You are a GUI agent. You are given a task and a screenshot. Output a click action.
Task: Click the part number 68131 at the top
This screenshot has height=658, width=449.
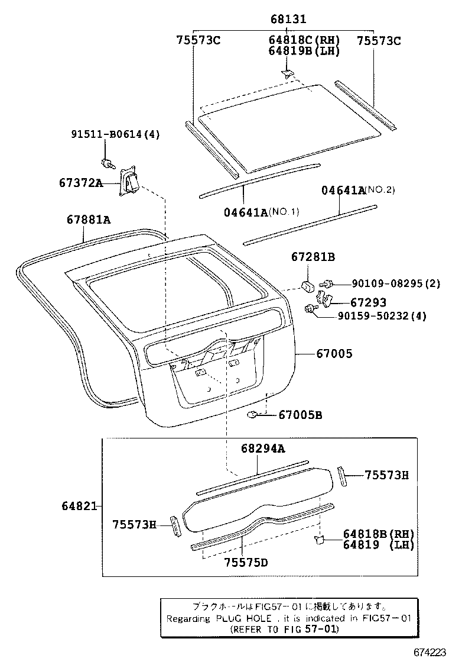[x=288, y=19]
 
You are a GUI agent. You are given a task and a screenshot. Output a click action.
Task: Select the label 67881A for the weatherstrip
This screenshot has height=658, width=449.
[x=89, y=220]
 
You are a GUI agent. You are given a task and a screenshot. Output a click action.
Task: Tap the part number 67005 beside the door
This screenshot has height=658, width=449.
[x=334, y=354]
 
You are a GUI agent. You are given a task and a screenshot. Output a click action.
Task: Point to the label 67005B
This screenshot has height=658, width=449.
[x=300, y=415]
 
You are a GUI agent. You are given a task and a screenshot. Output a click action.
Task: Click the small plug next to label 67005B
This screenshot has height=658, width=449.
[x=251, y=415]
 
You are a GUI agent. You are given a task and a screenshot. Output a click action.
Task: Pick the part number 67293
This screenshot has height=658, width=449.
[x=368, y=302]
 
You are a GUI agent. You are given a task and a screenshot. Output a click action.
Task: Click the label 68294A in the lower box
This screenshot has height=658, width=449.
[x=262, y=449]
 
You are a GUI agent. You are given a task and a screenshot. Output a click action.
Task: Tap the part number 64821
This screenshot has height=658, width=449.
[x=80, y=507]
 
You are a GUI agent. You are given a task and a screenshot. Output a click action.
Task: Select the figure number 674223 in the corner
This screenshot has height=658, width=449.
[x=429, y=651]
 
